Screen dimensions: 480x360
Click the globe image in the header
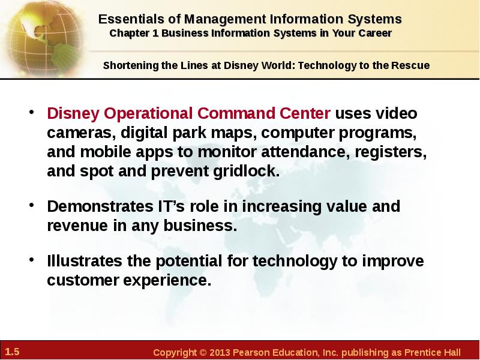(44, 38)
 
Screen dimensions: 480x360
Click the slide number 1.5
(12, 352)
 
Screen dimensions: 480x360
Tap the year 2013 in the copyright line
(220, 352)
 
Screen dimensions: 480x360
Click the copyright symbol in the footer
(203, 353)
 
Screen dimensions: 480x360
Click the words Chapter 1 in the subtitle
(134, 33)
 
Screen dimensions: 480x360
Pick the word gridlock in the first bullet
(247, 171)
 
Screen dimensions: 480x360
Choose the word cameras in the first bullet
(82, 133)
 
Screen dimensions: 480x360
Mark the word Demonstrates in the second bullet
(100, 206)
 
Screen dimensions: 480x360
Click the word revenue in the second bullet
(77, 226)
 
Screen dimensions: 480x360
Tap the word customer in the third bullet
(83, 280)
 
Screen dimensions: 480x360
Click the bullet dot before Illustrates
(32, 260)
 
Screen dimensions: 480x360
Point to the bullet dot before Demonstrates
(32, 205)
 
